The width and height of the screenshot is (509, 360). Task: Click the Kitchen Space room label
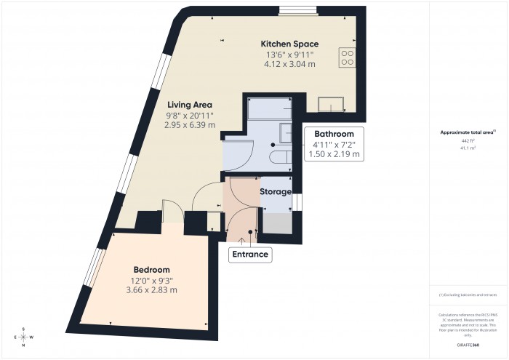pos(289,44)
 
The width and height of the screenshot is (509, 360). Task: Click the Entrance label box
pos(250,255)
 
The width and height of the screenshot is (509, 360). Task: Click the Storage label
pos(276,192)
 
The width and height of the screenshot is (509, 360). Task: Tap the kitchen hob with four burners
pos(347,57)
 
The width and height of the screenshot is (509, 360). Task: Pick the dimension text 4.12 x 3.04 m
pos(289,65)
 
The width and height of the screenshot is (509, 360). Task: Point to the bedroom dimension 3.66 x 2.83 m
pos(151,290)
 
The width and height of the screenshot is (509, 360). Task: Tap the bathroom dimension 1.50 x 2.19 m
pos(334,154)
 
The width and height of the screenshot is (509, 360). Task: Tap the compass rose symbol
pos(23,337)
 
